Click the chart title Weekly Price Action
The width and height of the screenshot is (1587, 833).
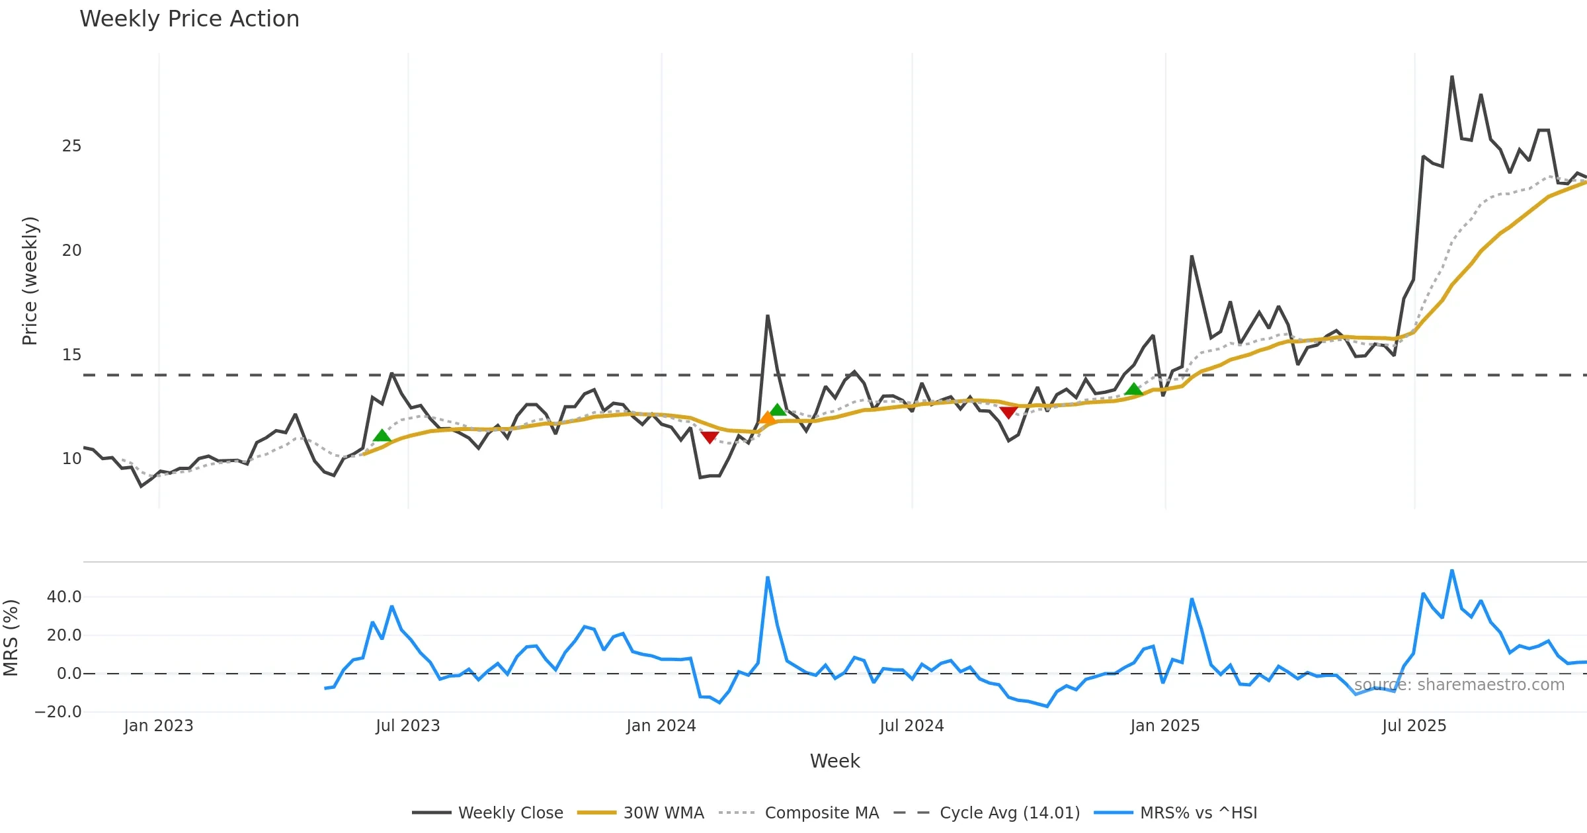(x=189, y=19)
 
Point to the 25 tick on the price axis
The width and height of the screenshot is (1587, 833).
(x=71, y=146)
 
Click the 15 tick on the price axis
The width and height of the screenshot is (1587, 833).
(x=71, y=355)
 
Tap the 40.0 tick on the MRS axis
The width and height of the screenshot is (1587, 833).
(x=64, y=597)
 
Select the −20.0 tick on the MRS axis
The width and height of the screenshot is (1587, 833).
(x=58, y=712)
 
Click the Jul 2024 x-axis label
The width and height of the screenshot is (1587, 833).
(x=911, y=726)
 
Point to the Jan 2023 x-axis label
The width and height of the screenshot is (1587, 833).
(x=158, y=726)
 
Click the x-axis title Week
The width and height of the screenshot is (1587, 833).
(x=834, y=761)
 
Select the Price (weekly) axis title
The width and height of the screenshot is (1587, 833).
(x=30, y=281)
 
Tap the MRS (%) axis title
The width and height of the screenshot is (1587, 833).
(x=11, y=638)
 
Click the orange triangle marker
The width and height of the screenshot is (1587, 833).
(x=767, y=417)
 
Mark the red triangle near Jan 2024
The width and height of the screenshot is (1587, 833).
(x=710, y=438)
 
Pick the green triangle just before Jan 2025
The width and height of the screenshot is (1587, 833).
(x=1133, y=389)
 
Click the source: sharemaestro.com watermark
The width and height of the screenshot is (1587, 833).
(x=1459, y=685)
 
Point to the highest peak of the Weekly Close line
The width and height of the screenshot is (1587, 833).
(x=1452, y=77)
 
